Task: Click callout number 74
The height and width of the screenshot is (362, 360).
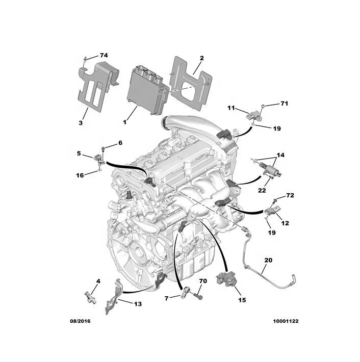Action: click(x=104, y=55)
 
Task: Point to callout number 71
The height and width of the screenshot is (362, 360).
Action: click(x=284, y=104)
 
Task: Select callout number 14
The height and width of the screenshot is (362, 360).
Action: click(x=280, y=154)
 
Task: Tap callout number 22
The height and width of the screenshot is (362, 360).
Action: click(x=262, y=191)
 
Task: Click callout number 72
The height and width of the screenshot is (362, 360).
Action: click(x=290, y=195)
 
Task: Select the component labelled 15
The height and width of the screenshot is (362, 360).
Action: click(x=225, y=280)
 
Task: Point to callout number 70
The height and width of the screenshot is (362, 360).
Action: click(x=202, y=281)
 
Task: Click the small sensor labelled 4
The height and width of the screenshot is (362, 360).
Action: click(x=90, y=295)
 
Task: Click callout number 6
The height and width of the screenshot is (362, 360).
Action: click(x=120, y=143)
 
